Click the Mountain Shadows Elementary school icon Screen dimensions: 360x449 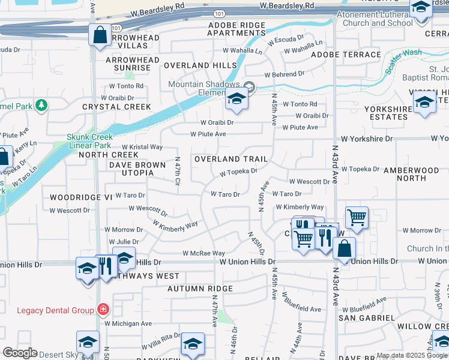click(237, 99)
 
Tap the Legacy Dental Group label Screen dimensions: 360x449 click(55, 310)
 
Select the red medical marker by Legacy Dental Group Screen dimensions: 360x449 click(104, 310)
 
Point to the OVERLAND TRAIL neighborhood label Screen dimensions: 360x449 click(231, 159)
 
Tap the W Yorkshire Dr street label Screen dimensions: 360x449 click(364, 138)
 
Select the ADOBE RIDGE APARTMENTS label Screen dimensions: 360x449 click(237, 29)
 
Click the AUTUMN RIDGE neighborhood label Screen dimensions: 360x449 click(200, 289)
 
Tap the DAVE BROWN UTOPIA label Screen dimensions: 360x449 click(137, 169)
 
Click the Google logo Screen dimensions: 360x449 click(20, 353)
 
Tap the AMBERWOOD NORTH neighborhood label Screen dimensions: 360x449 click(411, 174)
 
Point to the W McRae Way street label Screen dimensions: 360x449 click(204, 254)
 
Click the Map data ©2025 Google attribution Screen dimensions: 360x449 click(411, 355)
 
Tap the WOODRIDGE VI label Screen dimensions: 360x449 click(81, 197)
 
